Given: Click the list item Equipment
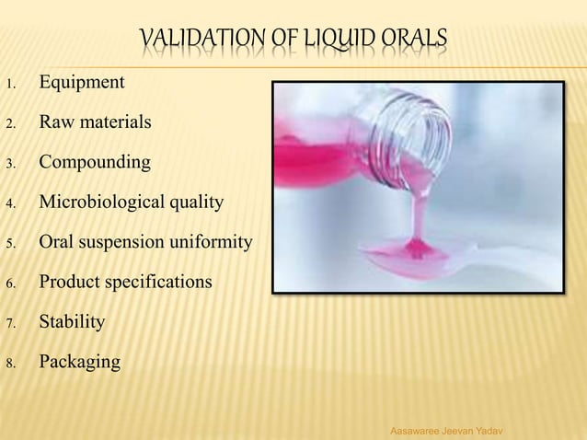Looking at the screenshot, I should point(82,83).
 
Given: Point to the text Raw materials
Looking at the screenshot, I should point(89,122).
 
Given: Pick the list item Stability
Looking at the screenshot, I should point(72,322).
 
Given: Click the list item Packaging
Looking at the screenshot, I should point(79,362).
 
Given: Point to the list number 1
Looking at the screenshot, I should point(8,86).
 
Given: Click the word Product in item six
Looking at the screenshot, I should point(70,283).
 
